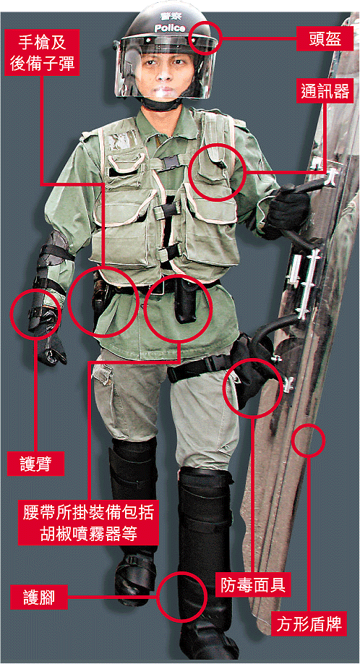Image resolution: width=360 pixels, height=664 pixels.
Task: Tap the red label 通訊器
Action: pyautogui.click(x=325, y=90)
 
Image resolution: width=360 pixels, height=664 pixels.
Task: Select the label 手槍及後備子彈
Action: pyautogui.click(x=42, y=52)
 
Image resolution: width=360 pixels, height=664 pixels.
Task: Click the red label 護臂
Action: pyautogui.click(x=35, y=464)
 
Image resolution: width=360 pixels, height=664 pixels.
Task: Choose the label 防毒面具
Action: pyautogui.click(x=252, y=586)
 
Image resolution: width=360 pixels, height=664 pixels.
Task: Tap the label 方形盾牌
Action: pyautogui.click(x=309, y=623)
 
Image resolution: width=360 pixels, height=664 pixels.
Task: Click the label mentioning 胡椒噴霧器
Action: pyautogui.click(x=88, y=522)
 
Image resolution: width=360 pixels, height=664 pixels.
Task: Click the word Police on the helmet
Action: pyautogui.click(x=170, y=28)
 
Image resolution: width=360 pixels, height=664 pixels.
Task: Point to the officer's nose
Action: pyautogui.click(x=165, y=74)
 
